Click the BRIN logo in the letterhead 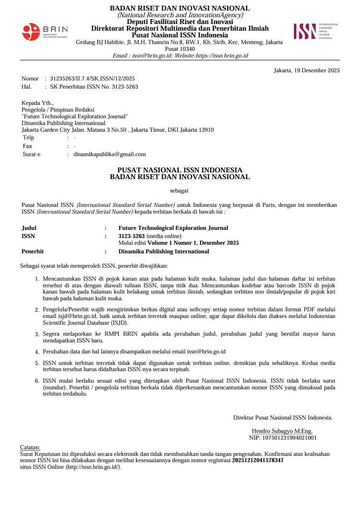pyautogui.click(x=45, y=32)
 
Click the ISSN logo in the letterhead pyautogui.click(x=315, y=31)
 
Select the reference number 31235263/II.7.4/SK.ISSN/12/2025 pyautogui.click(x=92, y=79)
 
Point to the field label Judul pyautogui.click(x=29, y=228)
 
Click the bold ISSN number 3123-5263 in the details pyautogui.click(x=132, y=236)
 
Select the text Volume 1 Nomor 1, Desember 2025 pyautogui.click(x=193, y=243)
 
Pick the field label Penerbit pyautogui.click(x=33, y=251)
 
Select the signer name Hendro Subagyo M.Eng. pyautogui.click(x=282, y=431)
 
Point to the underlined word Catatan pyautogui.click(x=30, y=447)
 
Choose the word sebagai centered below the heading pyautogui.click(x=180, y=191)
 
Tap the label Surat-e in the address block pyautogui.click(x=32, y=154)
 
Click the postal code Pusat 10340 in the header pyautogui.click(x=180, y=49)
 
